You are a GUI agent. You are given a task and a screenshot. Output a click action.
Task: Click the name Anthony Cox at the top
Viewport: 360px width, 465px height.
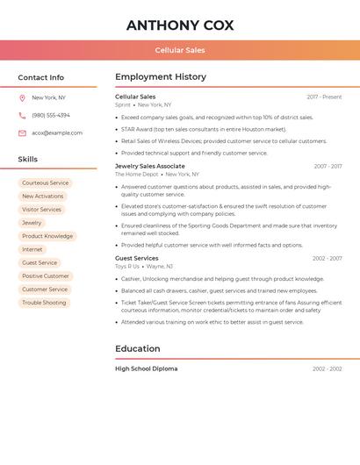tap(180, 25)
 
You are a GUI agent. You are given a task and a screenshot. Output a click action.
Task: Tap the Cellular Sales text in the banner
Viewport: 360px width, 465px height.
tap(180, 50)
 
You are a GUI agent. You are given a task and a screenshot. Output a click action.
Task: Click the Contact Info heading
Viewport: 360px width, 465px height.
tap(41, 77)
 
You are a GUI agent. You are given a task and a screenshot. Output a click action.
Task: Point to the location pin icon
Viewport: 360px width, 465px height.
tap(22, 97)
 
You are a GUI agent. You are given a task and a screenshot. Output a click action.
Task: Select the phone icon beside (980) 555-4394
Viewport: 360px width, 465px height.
tap(22, 115)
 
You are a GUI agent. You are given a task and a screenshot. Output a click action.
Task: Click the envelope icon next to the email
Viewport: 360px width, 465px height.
tap(22, 132)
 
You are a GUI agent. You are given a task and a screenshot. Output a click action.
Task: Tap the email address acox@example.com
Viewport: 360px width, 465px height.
tap(57, 132)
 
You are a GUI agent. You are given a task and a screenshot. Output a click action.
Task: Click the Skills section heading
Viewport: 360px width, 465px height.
tap(28, 159)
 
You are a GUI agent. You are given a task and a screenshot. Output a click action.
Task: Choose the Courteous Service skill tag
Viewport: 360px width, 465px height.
tap(45, 183)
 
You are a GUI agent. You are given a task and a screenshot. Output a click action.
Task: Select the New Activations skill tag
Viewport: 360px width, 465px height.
tap(43, 197)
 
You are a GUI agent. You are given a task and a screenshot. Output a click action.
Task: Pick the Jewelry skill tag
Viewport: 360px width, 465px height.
tap(32, 223)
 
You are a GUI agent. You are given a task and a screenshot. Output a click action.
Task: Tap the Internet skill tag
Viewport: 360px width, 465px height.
tap(32, 249)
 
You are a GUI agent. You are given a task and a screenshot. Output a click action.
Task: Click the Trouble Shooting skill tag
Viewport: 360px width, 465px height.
tap(44, 303)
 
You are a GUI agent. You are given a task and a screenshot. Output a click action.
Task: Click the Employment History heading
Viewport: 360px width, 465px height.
tap(161, 77)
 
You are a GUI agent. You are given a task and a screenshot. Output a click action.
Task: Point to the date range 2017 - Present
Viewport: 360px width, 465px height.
tap(324, 97)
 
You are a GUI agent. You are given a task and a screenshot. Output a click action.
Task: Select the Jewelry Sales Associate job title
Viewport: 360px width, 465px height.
tap(150, 166)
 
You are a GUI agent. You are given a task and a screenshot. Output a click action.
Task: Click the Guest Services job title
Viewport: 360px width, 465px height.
tap(137, 258)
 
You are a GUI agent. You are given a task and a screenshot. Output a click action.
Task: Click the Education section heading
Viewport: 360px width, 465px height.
tap(138, 348)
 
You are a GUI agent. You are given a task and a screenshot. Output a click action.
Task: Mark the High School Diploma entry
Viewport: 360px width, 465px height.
tap(147, 368)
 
